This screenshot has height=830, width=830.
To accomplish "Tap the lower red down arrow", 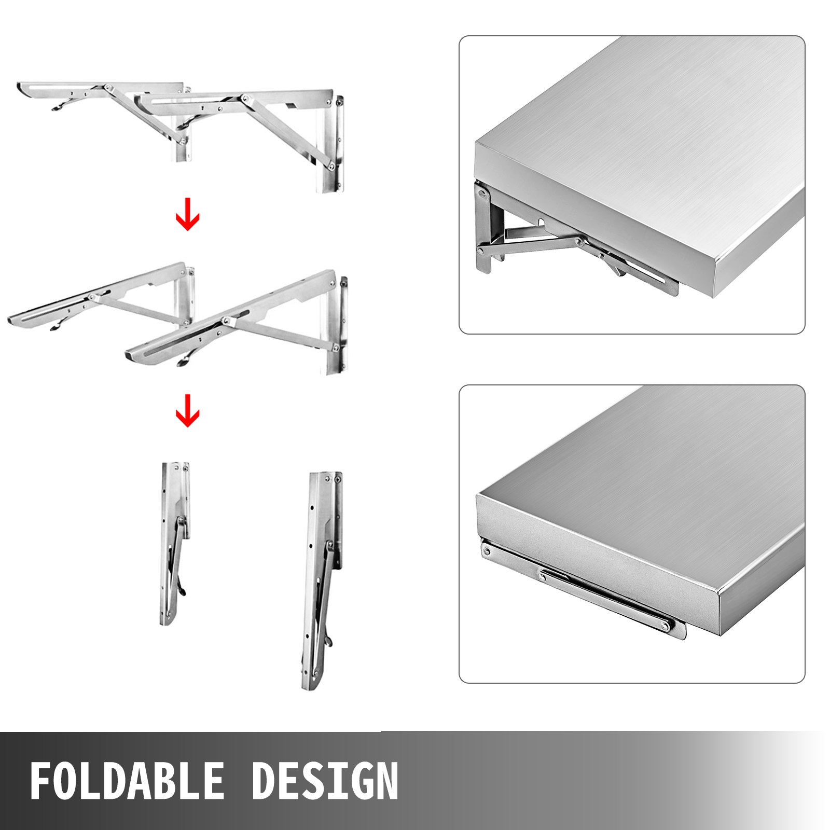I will click(187, 410).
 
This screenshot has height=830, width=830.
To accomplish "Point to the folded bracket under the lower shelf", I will click(586, 586).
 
